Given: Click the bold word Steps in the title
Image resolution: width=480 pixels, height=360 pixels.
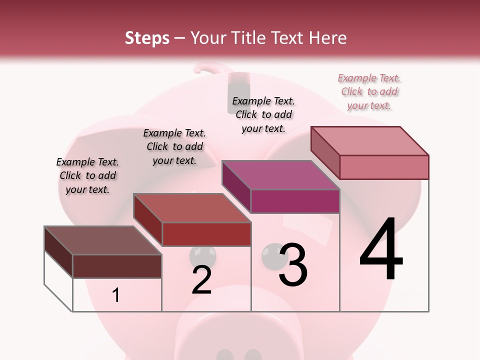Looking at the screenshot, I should click(x=147, y=38).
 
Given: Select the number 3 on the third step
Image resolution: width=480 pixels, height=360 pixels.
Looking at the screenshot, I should click(x=292, y=265).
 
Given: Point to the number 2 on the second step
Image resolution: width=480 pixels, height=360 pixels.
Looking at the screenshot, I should click(x=201, y=279).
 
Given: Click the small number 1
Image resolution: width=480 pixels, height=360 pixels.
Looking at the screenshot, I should click(x=116, y=295).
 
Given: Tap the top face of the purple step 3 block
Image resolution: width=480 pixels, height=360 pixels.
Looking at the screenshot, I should click(x=280, y=175).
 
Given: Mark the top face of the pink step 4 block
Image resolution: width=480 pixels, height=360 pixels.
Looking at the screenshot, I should click(x=369, y=141).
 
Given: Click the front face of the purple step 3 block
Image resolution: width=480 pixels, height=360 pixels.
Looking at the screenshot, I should click(x=295, y=201).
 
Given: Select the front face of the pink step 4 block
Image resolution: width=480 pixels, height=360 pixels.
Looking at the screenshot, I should click(x=384, y=167).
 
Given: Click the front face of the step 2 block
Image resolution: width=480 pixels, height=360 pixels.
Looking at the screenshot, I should click(x=206, y=234).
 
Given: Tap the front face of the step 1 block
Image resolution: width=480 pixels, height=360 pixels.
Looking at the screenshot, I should click(x=117, y=266).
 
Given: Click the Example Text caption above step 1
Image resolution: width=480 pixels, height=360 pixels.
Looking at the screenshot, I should click(x=87, y=175).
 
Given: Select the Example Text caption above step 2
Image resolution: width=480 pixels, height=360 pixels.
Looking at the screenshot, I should click(x=174, y=146).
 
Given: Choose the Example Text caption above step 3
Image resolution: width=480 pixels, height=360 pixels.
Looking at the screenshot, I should click(x=263, y=114).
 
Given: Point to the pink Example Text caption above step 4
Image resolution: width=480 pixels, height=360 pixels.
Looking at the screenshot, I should click(x=369, y=91).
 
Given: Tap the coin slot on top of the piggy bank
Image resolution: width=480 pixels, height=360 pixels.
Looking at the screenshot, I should click(x=239, y=85).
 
